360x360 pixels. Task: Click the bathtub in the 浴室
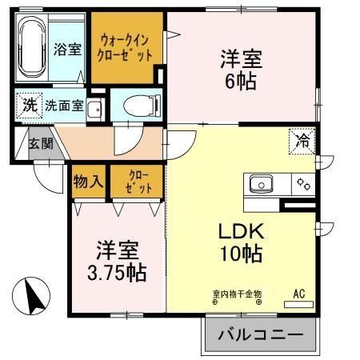coord(33,49)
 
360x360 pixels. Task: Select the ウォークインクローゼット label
coord(126,49)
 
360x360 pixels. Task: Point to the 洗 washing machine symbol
coord(29,105)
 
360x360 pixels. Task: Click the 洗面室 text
coord(64,106)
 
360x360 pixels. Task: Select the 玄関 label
coord(42,145)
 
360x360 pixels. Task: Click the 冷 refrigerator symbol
coord(302,141)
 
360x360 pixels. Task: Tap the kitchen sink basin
coord(261,185)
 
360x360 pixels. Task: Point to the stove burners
coord(304,184)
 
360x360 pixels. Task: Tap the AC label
coord(299,293)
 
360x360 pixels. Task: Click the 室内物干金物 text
coord(237,294)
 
